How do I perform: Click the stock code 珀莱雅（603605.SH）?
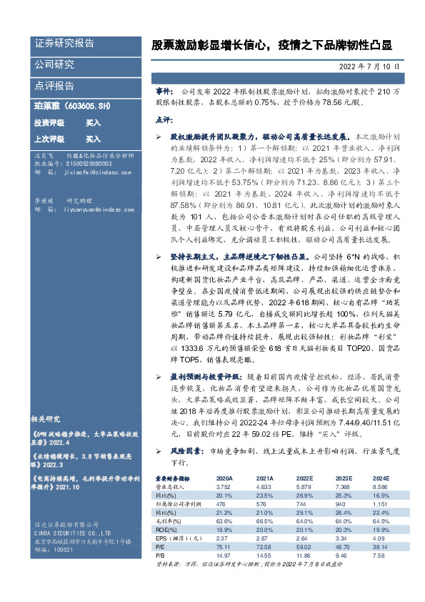coord(66,107)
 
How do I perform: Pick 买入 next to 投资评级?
coord(94,123)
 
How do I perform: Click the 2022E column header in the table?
coord(304,478)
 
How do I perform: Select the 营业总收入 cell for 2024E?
coord(379,486)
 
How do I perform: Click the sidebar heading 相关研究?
coord(49,419)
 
